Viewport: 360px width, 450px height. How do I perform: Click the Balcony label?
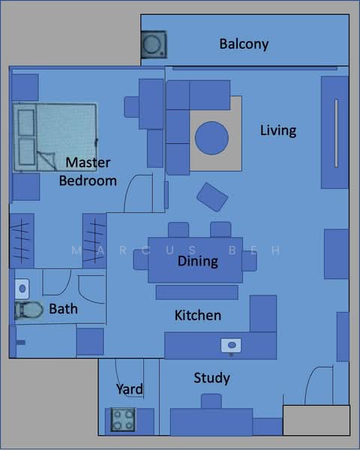[244, 44]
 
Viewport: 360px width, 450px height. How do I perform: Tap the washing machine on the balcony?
[154, 44]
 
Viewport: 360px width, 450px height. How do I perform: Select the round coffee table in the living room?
[211, 138]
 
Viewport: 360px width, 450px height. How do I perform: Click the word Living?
[278, 130]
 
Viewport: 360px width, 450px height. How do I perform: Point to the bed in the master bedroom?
[54, 137]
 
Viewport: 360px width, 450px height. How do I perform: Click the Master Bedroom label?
[88, 172]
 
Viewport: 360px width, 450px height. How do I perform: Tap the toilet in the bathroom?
[28, 310]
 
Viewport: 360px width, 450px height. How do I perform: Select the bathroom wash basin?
[22, 289]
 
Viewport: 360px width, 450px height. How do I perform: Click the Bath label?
[64, 309]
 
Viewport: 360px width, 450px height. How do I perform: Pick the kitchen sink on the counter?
[231, 345]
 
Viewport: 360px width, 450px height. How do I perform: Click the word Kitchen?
[198, 316]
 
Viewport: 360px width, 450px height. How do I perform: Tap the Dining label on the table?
[198, 262]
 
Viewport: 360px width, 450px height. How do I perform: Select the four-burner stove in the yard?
[123, 419]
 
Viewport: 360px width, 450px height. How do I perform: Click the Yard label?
[130, 389]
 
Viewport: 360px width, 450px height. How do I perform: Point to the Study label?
[211, 378]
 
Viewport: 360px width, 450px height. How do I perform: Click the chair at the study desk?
[211, 401]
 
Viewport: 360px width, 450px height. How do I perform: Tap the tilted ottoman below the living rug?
[212, 196]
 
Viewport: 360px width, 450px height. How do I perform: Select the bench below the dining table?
[197, 292]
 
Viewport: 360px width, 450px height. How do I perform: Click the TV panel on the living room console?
[336, 133]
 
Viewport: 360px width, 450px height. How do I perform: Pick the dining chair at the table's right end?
[249, 261]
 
